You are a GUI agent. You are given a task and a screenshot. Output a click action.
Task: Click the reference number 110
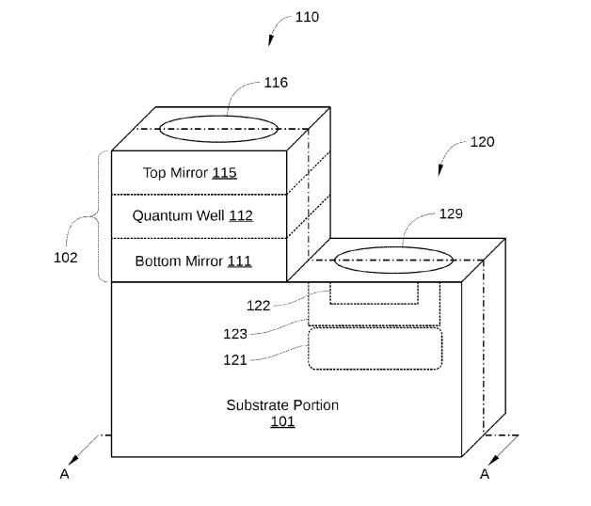307,17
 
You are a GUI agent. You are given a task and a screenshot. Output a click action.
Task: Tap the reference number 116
276,83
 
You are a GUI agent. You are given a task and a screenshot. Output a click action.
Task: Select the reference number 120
483,142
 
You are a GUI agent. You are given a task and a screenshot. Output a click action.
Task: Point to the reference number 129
451,214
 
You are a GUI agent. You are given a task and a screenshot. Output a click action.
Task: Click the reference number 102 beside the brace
66,258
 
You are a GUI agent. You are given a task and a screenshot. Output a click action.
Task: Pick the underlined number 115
225,172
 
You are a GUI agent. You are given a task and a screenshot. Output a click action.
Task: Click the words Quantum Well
178,215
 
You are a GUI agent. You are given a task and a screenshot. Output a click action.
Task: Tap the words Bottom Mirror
179,261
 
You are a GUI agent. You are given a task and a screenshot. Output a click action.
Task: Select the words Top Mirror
175,173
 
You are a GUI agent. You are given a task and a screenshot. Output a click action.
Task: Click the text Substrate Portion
282,405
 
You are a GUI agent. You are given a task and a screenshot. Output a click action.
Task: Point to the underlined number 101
282,421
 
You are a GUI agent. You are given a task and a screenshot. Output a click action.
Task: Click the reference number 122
259,306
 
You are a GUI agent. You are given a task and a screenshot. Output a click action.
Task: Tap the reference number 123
235,334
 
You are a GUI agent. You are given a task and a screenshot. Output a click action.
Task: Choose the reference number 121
235,360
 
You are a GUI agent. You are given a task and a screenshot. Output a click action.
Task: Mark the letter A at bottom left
64,474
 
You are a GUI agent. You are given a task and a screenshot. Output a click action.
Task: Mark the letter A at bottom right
485,474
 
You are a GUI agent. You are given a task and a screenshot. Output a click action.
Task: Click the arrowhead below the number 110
270,40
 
